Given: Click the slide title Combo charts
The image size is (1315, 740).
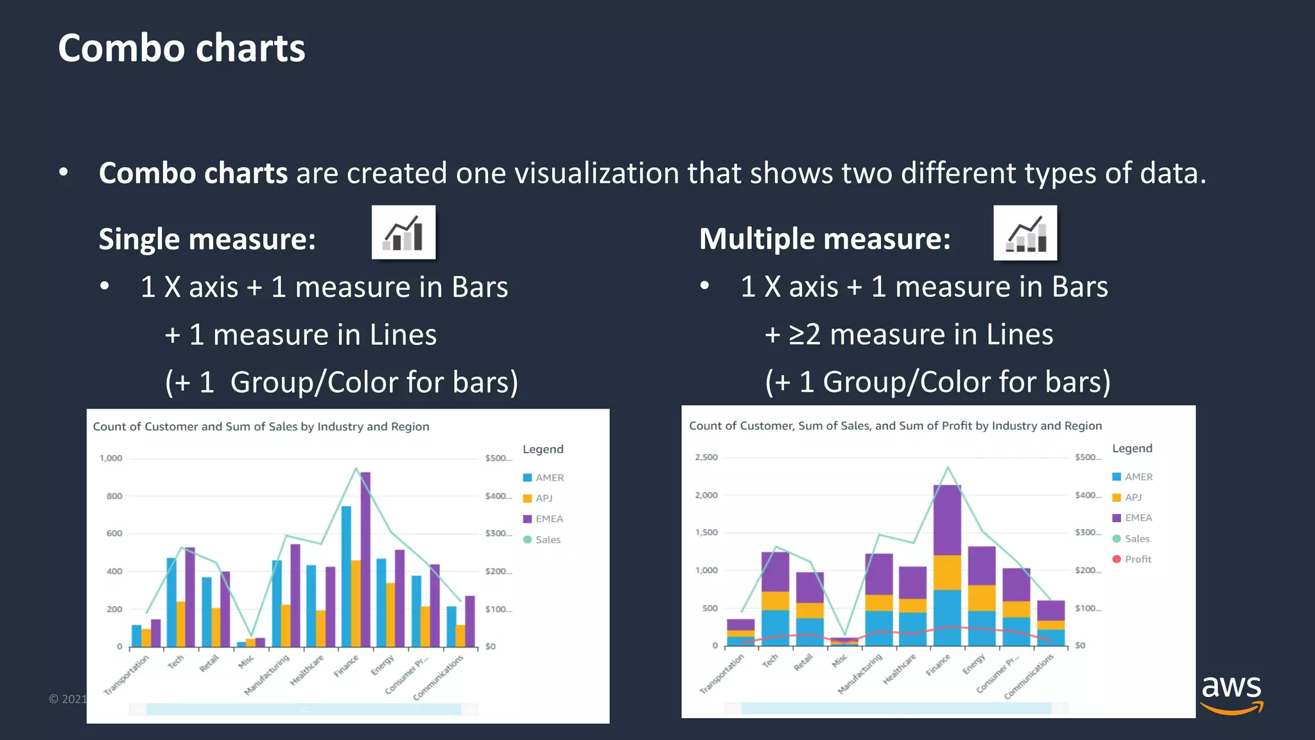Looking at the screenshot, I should pos(182,49).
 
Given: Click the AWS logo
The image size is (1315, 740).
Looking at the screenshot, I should pos(1231,694).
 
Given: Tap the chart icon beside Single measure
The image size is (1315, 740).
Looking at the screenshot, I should pos(403,233).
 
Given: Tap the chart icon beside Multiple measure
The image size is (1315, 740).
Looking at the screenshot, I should pos(1025,233).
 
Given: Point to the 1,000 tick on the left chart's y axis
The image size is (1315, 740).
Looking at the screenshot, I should pos(111,459).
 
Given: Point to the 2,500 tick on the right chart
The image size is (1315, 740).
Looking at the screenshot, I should pos(706,457).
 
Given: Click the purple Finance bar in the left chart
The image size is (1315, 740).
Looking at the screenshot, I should pos(365,559).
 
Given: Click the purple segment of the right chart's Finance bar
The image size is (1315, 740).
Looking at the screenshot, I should pos(947,520).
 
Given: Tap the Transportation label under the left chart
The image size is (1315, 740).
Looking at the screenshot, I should pos(127,674).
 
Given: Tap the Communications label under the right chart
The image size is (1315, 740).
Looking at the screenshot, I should pos(1029,676).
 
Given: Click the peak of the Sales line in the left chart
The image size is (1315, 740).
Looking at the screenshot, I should pos(356,469).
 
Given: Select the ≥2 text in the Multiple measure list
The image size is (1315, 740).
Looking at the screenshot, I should pos(805,335).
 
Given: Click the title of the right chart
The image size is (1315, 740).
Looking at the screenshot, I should pos(895,426).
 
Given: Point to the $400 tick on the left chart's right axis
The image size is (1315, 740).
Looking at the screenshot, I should pos(498,497).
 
